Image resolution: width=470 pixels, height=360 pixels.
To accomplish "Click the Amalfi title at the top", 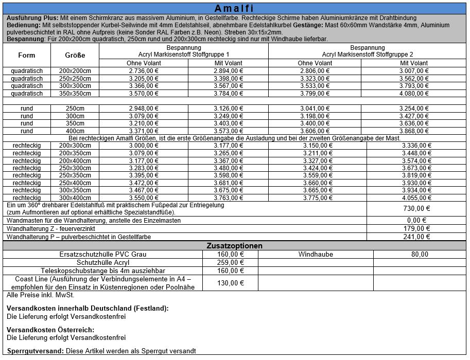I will click(x=235, y=9).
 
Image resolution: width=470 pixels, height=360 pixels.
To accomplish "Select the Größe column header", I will click(x=75, y=55).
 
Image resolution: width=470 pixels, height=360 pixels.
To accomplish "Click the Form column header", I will click(x=27, y=55).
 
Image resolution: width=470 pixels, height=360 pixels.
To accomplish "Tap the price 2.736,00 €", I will click(x=143, y=70).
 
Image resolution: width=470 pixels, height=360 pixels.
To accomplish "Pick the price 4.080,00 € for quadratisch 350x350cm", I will click(x=414, y=94).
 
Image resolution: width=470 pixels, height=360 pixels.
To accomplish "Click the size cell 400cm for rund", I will click(x=75, y=131).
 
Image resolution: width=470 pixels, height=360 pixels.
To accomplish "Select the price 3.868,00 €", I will click(x=414, y=131).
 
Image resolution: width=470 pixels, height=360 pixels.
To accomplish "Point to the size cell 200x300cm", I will click(x=75, y=146).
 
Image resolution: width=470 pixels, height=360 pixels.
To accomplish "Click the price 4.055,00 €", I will click(x=417, y=197).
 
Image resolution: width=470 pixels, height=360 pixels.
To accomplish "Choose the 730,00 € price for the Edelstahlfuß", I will click(x=417, y=208).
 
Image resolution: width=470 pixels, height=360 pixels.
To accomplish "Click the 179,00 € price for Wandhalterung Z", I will click(x=417, y=228).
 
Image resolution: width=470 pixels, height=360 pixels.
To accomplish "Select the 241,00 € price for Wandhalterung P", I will click(x=417, y=237).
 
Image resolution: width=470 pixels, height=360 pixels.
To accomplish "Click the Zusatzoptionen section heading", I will click(x=235, y=246).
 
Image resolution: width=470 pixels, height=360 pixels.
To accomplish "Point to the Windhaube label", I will click(x=316, y=254).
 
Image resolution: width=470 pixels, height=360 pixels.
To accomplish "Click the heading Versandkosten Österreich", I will click(x=50, y=330).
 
